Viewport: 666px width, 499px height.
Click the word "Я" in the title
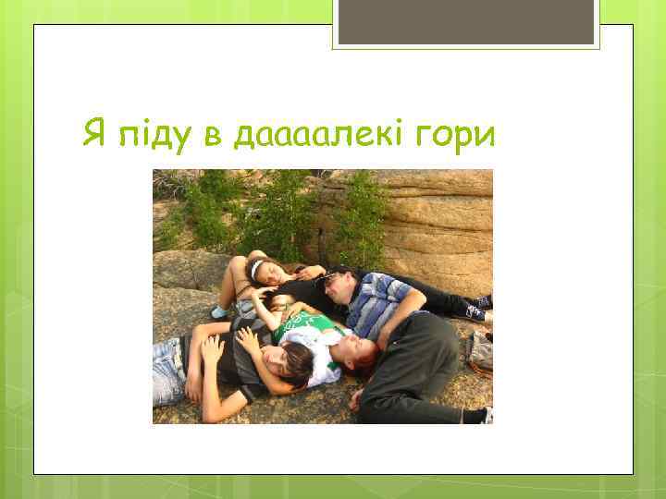click(93, 135)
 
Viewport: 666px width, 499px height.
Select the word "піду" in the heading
click(152, 136)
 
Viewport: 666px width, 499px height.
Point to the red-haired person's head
click(357, 350)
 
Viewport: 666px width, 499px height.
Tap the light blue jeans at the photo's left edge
click(168, 370)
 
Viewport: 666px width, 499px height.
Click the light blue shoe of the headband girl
click(219, 312)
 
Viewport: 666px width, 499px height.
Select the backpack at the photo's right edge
click(481, 351)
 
